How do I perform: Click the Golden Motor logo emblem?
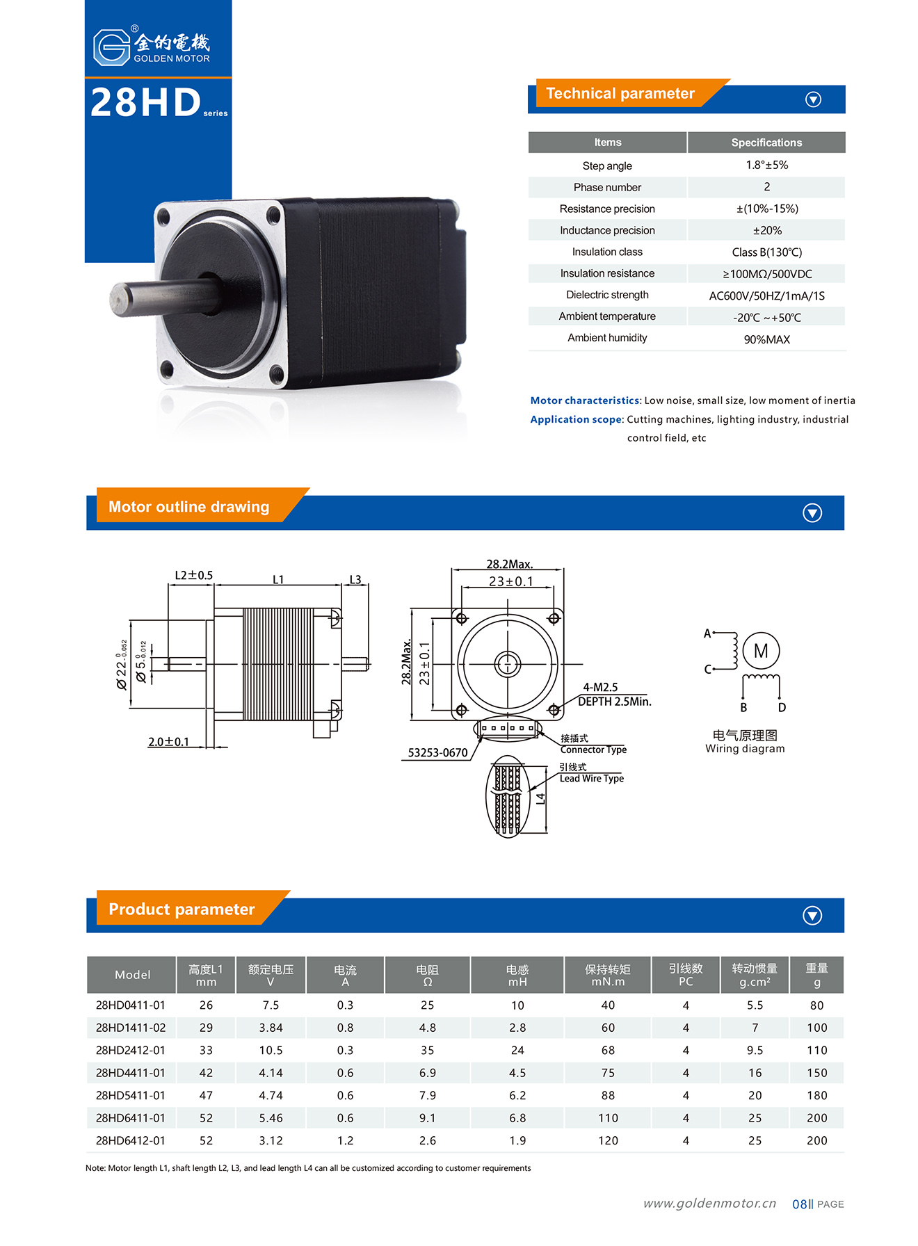[x=112, y=47]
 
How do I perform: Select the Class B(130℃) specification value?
[x=766, y=252]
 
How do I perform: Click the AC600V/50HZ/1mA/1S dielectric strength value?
[x=766, y=296]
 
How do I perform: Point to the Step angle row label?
[x=607, y=165]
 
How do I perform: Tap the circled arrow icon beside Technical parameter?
[x=813, y=99]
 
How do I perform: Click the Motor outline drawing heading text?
[x=188, y=507]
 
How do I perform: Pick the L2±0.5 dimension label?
[x=193, y=575]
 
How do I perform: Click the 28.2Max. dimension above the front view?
[x=509, y=564]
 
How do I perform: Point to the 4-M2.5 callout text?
[x=600, y=687]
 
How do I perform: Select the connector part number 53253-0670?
[x=437, y=752]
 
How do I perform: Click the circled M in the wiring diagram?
[x=761, y=651]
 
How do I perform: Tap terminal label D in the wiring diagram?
[x=782, y=708]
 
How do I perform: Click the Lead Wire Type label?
[x=592, y=779]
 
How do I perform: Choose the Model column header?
[x=132, y=975]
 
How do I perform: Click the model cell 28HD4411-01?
[x=131, y=1073]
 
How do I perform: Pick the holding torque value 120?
[x=608, y=1140]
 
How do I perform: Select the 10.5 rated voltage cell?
[x=271, y=1050]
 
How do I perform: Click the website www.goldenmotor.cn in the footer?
[x=709, y=1204]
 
